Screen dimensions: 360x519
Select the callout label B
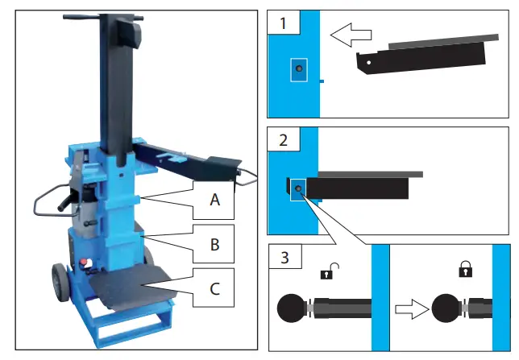click(214, 244)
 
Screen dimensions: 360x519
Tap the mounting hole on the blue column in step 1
click(299, 71)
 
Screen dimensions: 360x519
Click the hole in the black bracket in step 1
click(369, 60)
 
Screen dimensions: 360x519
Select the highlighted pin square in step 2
click(298, 189)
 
